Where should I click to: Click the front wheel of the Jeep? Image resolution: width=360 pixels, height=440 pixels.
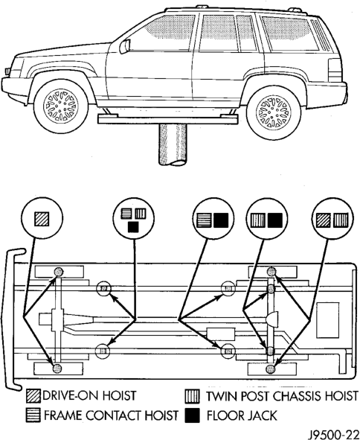(61, 106)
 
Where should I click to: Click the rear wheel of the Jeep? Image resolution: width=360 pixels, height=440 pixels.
(274, 113)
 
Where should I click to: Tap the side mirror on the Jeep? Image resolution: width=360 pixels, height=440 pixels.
(125, 46)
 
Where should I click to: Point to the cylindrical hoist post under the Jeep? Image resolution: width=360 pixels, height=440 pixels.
(173, 144)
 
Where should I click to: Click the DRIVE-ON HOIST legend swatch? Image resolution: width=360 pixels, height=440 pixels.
(33, 396)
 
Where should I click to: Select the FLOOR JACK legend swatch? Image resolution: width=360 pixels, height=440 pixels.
(193, 415)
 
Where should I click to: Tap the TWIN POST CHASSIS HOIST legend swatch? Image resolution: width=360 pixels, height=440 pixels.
(193, 396)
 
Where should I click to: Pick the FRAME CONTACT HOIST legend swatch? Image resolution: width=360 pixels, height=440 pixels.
(33, 415)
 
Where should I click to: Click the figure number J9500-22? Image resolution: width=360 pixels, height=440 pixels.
(334, 434)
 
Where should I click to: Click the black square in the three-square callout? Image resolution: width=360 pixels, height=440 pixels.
(133, 227)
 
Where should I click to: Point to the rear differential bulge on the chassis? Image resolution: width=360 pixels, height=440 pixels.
(272, 319)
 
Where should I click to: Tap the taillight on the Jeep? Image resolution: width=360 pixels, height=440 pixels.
(335, 70)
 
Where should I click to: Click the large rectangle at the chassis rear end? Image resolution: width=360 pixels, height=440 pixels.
(328, 320)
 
